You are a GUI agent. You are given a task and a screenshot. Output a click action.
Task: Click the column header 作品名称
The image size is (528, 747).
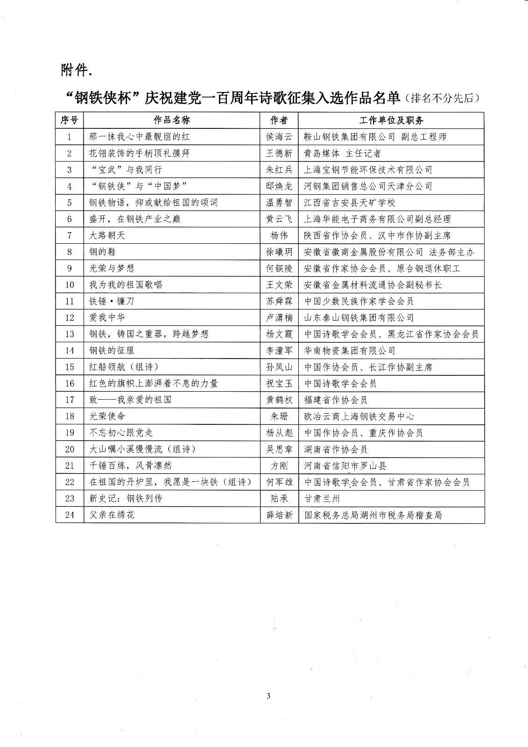(172, 120)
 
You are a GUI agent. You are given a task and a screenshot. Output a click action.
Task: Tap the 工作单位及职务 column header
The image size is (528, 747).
(391, 120)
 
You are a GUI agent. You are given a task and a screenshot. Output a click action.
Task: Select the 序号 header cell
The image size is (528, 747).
(70, 120)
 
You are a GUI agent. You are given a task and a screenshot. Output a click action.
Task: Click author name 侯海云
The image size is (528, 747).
(279, 137)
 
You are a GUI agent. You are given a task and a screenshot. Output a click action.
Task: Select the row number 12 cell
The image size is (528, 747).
(70, 317)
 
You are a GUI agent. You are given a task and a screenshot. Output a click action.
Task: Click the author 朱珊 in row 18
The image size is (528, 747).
(279, 416)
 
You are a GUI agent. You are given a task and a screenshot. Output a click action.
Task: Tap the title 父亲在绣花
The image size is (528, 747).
(112, 515)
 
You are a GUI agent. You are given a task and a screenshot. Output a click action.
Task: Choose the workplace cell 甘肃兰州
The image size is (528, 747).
(322, 498)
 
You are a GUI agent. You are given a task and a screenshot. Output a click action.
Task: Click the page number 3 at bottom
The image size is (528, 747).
(268, 697)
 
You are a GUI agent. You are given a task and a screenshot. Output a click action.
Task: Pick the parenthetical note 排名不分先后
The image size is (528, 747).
(443, 98)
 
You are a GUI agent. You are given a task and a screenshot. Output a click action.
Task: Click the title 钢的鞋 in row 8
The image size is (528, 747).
(103, 252)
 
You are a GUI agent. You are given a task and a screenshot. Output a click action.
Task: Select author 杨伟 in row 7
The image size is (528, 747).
(279, 235)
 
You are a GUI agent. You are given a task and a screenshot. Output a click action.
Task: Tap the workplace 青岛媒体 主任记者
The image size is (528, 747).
(342, 153)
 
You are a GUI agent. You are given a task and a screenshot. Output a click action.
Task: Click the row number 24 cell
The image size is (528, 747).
(70, 515)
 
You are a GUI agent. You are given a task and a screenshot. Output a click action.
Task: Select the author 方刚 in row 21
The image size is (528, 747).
(279, 465)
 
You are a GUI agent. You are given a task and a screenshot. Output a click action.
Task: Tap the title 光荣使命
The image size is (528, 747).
(107, 416)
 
